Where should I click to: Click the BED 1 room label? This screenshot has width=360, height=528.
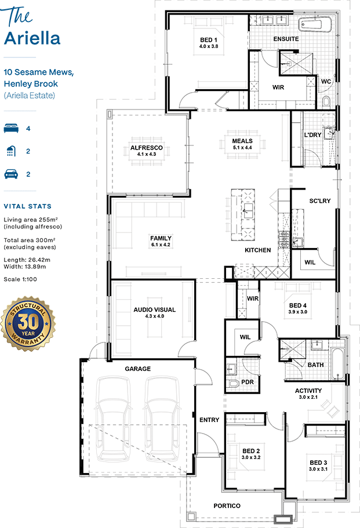click(x=209, y=40)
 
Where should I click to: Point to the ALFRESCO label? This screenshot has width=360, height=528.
click(x=147, y=147)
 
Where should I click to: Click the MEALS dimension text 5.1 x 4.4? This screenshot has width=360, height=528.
click(x=242, y=147)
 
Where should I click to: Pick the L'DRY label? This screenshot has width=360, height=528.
click(x=312, y=134)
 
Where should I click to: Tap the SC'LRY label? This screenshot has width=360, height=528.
click(x=320, y=201)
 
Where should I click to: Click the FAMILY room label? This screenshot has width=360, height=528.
click(x=161, y=238)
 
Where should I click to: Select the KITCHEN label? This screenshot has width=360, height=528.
click(x=257, y=250)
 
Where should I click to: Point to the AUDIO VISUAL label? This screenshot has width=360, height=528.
click(x=155, y=309)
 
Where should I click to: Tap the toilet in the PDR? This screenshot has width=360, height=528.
click(x=232, y=384)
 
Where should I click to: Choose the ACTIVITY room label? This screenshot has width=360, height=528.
click(x=308, y=391)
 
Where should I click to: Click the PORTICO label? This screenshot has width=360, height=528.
click(x=227, y=505)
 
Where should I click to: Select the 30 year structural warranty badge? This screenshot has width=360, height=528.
click(x=28, y=323)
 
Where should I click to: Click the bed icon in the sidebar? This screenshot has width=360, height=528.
click(x=11, y=128)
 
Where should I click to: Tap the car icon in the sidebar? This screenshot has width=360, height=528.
click(x=11, y=174)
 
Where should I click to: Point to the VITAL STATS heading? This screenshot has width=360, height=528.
click(x=28, y=206)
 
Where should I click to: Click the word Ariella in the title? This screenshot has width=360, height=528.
click(x=32, y=38)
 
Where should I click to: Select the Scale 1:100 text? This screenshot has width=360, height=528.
click(x=20, y=279)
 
